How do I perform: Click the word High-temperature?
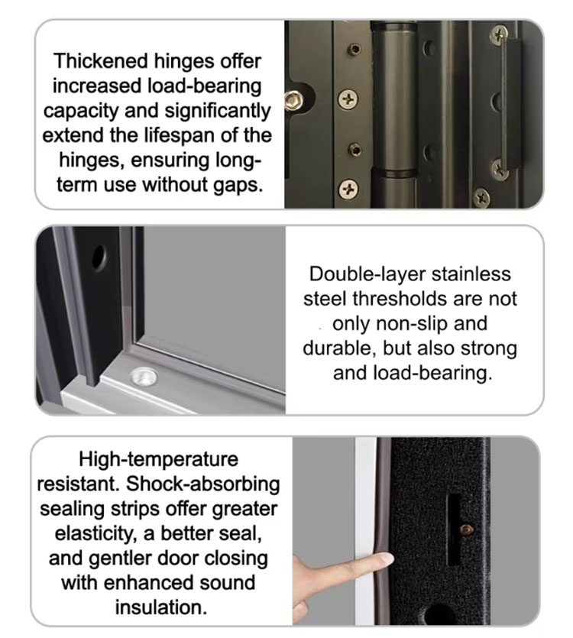(158, 460)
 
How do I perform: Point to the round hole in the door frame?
(99, 257)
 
